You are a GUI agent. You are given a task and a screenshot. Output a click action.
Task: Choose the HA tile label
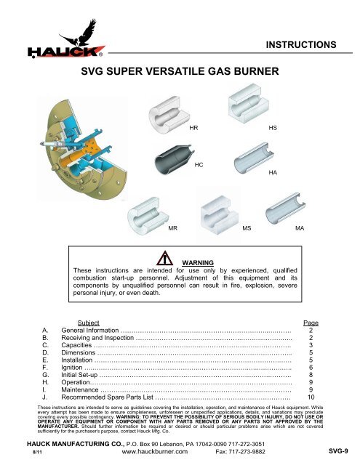click(x=272, y=173)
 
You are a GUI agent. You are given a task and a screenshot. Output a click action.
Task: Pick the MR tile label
click(x=173, y=228)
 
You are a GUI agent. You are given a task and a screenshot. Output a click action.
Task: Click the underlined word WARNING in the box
click(x=198, y=262)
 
